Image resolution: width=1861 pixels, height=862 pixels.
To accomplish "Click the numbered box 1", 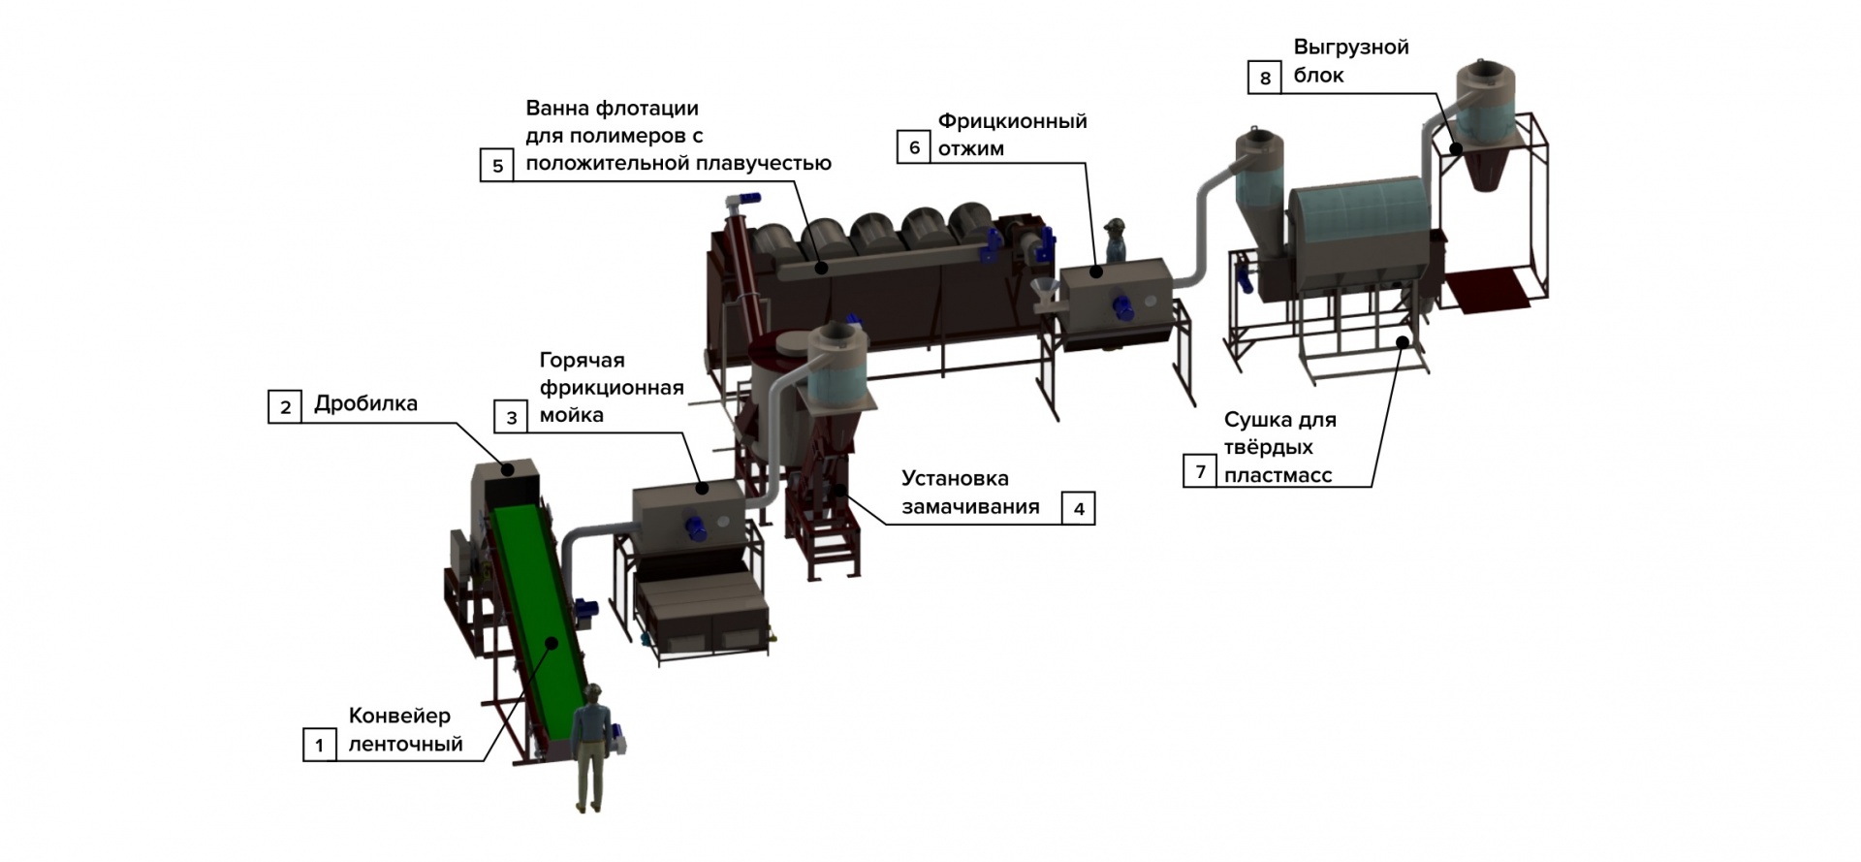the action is [320, 746].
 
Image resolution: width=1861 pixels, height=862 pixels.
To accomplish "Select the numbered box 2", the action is [285, 406].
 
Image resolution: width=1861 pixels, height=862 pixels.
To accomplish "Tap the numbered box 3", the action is [512, 417].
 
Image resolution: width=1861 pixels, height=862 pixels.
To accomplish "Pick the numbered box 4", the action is [1079, 508].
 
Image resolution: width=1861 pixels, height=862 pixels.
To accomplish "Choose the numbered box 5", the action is [497, 165].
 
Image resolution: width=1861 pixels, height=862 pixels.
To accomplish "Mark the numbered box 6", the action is [914, 147].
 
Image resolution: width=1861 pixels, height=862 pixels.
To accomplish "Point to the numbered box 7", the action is [1200, 471].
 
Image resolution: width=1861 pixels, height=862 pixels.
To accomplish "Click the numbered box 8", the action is [1265, 78].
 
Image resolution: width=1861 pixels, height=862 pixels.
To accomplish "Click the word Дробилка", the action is [365, 404].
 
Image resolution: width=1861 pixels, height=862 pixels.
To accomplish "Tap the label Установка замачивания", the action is [970, 493].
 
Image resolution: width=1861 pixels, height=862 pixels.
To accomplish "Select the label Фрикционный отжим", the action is [1012, 135].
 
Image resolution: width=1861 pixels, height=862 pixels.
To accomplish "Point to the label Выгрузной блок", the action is [1351, 61].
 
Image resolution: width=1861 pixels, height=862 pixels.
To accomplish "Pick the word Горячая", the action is [582, 361].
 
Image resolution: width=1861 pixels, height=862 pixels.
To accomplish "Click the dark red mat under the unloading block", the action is [1489, 291].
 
